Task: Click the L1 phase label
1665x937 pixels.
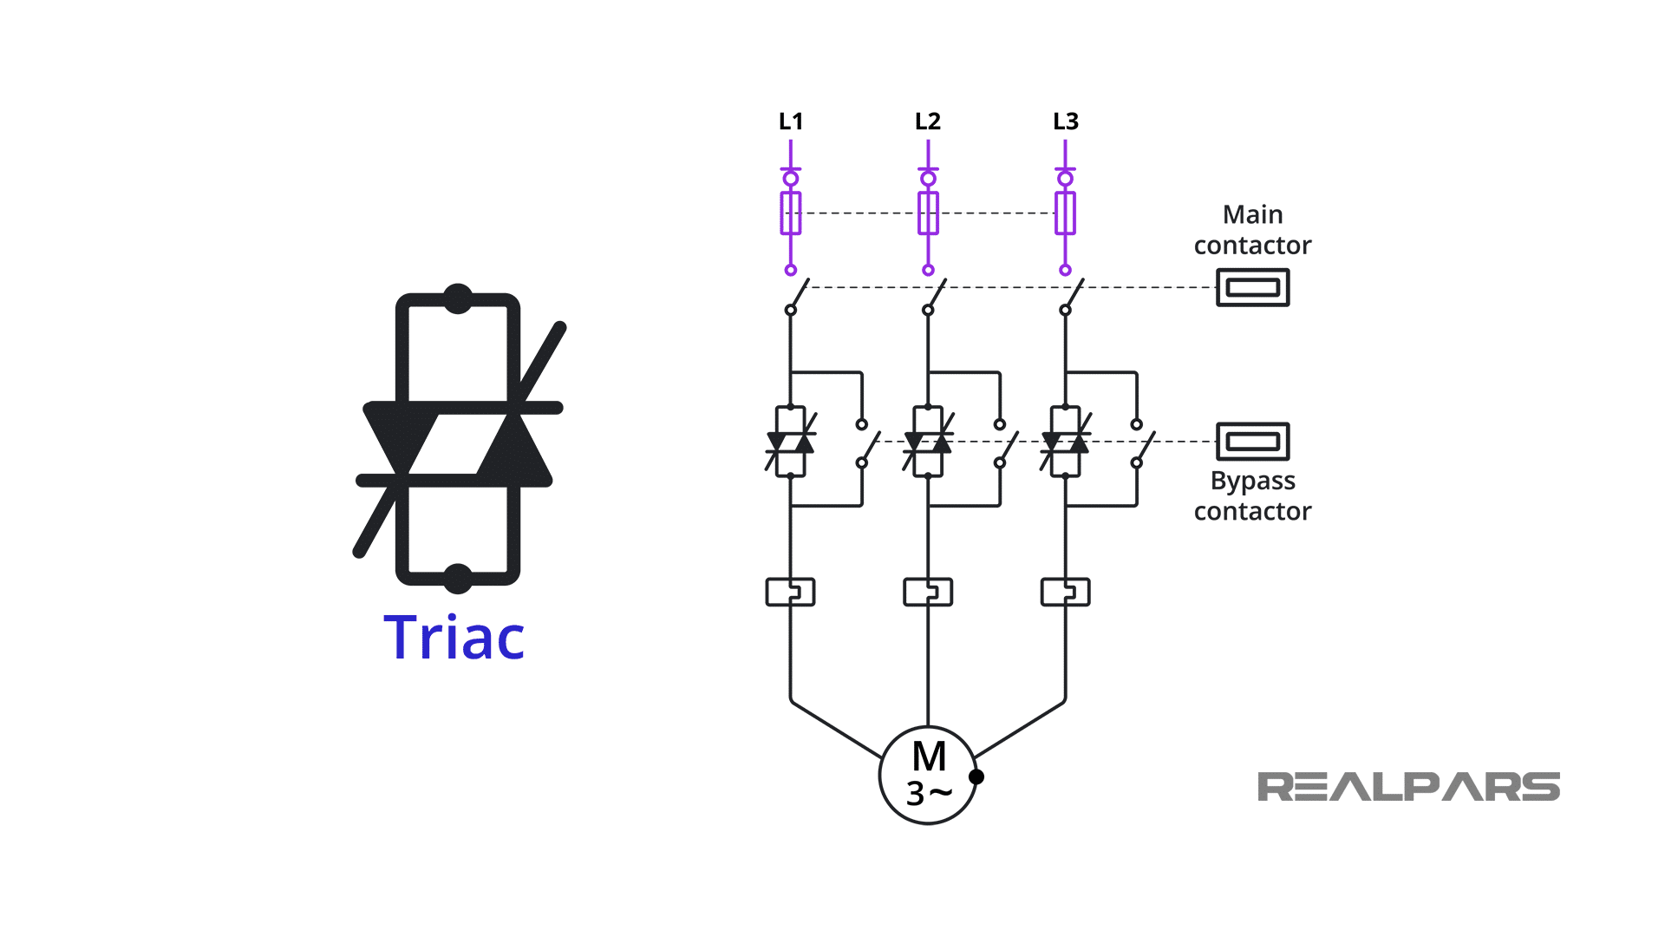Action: pos(790,121)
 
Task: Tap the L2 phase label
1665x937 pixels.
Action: pos(927,121)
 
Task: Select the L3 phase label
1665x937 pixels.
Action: pos(1065,121)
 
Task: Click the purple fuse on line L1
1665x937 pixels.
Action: pos(790,213)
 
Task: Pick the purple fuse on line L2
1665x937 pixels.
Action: pos(928,213)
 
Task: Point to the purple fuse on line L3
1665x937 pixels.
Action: pos(1065,213)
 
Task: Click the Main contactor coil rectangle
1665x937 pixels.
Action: pos(1252,287)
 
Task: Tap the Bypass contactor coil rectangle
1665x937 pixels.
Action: pos(1252,442)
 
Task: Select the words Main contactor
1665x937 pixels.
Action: pos(1252,230)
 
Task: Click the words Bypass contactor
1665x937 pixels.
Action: pos(1252,495)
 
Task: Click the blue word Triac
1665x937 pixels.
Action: pos(454,638)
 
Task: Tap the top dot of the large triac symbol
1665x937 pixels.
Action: pos(458,298)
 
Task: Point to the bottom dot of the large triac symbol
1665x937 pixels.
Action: pos(458,578)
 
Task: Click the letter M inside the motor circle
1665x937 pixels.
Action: pos(929,757)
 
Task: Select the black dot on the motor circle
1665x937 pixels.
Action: pos(976,776)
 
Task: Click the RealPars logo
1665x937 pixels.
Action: pos(1408,787)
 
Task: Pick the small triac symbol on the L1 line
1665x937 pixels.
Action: pos(790,442)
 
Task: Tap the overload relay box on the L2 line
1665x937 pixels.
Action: pos(928,592)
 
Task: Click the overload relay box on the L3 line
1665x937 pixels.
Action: pos(1065,592)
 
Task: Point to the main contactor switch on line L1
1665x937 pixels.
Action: pos(798,296)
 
